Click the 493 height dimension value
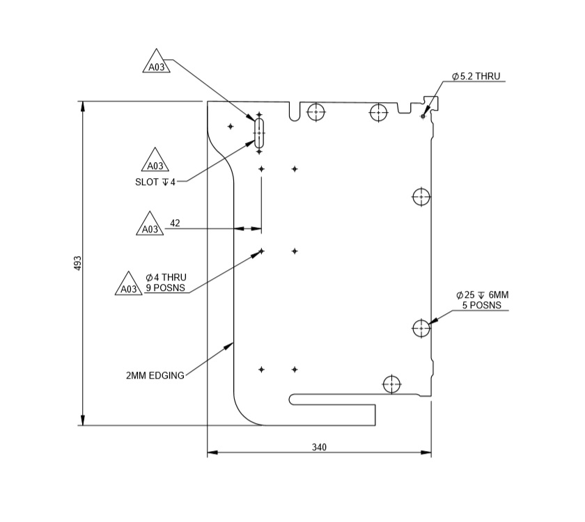pos(78,263)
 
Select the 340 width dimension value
pos(319,447)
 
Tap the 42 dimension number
pos(175,223)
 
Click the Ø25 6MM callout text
pos(482,295)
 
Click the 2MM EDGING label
pos(155,376)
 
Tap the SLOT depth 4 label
pos(155,182)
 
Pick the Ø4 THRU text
pos(166,277)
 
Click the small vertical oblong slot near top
pos(259,130)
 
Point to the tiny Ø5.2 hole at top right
pos(423,116)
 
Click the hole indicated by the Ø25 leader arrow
pos(421,328)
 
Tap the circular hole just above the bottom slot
pos(392,383)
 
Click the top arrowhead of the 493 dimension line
pos(83,106)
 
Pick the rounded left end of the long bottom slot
pos(293,399)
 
